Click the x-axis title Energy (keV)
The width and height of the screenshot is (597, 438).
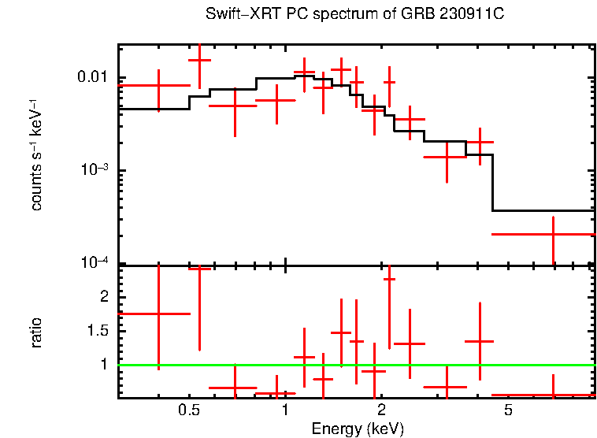[x=358, y=429]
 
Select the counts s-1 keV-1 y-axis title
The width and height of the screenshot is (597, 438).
[x=36, y=154]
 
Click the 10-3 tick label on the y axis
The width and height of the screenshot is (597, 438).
[x=96, y=170]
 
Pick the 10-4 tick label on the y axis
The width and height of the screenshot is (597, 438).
[x=96, y=263]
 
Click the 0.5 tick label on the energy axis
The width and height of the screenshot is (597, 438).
[x=188, y=410]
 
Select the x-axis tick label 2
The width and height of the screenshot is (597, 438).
[x=380, y=410]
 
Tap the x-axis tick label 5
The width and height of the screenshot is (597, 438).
[x=508, y=410]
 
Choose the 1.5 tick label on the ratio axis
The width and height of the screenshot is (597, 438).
[x=98, y=331]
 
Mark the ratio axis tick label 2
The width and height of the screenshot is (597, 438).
[x=102, y=297]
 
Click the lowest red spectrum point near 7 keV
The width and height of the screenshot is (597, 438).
[x=553, y=234]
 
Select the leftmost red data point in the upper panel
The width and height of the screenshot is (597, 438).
[x=159, y=85]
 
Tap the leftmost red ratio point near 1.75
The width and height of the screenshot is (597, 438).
[x=159, y=314]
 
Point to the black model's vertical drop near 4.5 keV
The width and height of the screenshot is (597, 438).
[x=493, y=183]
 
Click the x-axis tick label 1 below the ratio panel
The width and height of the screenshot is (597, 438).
[x=284, y=410]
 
